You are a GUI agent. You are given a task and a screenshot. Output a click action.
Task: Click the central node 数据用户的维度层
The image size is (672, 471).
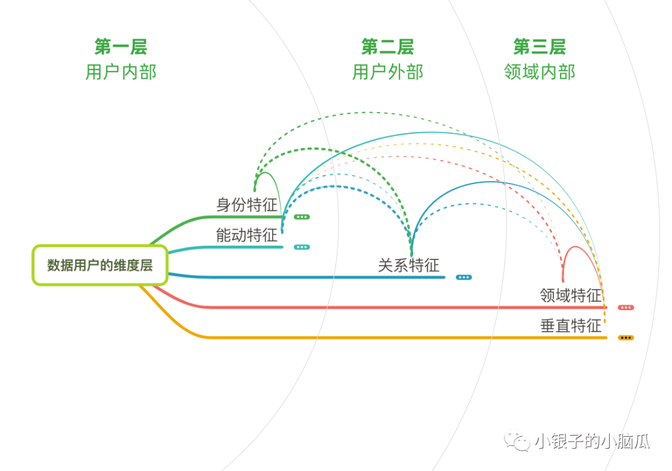tap(100, 265)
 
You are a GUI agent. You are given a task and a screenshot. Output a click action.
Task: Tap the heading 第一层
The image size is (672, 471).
tap(121, 47)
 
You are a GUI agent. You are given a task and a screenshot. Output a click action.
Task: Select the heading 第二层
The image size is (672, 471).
tap(387, 47)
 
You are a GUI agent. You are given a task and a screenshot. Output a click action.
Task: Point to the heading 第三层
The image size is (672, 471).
tap(539, 47)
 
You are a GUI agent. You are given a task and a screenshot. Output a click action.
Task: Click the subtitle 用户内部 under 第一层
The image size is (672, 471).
tap(121, 72)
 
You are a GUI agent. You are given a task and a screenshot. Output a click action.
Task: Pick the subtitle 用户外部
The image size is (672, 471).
tap(387, 72)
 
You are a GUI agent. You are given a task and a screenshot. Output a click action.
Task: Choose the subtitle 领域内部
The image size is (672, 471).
tap(539, 72)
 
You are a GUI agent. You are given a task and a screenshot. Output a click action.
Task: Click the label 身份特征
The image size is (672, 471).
tap(247, 205)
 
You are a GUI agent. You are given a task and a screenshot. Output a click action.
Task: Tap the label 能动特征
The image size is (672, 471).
tap(247, 235)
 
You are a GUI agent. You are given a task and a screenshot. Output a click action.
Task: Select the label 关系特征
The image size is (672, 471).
tap(409, 265)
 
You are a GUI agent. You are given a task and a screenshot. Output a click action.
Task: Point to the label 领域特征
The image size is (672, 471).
tap(571, 295)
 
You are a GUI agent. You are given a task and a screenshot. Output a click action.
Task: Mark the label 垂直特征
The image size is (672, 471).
tap(571, 325)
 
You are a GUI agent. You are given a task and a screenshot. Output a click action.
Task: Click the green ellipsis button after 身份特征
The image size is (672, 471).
tap(302, 217)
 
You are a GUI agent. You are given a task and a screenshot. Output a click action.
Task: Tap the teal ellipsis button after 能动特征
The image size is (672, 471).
tap(302, 247)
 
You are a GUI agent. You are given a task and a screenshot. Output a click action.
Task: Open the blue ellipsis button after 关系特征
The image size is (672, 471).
tap(464, 277)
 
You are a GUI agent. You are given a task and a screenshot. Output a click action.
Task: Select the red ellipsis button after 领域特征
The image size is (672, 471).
tap(626, 307)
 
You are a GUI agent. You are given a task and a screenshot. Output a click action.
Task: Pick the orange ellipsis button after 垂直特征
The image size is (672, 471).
tap(626, 337)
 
